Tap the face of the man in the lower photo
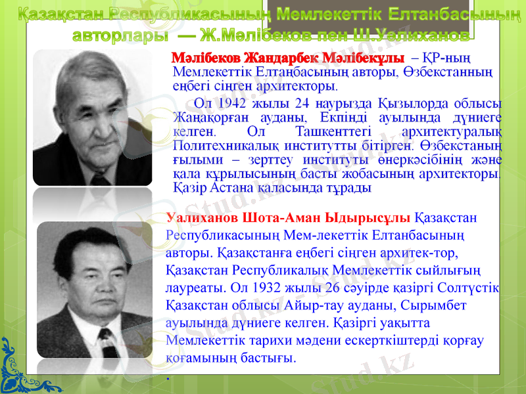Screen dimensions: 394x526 click(x=95, y=263)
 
